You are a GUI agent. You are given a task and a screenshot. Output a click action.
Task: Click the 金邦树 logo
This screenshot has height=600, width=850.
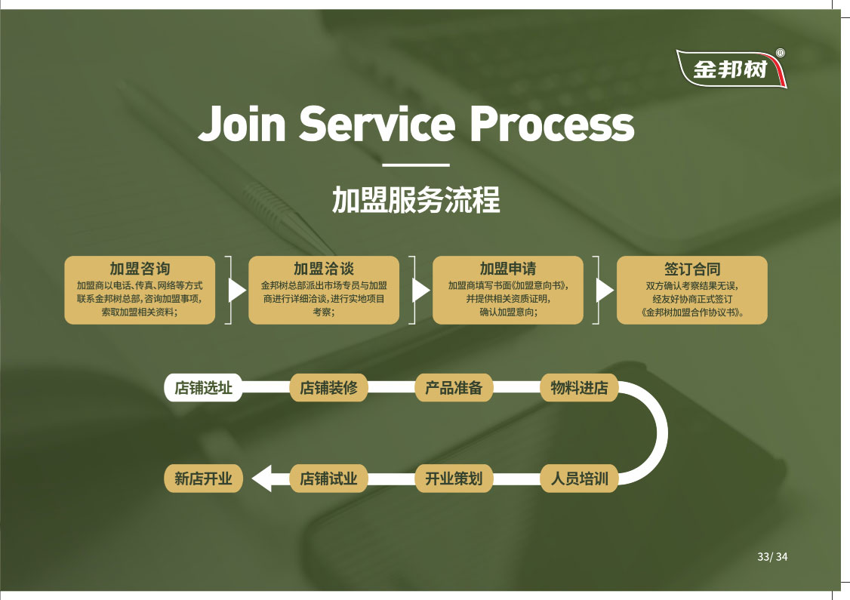731,69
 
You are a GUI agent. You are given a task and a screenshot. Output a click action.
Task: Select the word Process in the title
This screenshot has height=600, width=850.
552,125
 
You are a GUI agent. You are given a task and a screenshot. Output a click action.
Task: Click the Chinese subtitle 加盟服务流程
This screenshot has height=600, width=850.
416,201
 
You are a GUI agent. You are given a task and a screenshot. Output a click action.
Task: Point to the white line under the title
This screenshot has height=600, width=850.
416,165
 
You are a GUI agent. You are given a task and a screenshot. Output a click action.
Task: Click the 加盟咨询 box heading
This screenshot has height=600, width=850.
140,269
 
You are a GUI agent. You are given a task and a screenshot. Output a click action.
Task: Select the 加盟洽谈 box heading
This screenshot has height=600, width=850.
324,269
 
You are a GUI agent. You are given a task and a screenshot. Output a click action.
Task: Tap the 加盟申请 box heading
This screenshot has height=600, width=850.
508,269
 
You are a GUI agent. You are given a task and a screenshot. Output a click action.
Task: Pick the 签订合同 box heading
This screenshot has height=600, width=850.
692,269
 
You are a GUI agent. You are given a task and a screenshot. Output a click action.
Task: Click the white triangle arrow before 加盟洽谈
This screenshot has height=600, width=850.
237,291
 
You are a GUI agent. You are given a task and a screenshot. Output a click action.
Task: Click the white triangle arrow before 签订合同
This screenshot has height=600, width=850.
605,291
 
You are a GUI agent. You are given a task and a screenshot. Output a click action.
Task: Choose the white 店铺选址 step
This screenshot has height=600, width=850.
203,389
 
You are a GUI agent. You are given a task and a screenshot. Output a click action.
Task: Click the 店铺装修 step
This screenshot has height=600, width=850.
328,389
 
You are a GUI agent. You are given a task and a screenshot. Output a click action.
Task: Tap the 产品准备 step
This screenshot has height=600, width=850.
454,389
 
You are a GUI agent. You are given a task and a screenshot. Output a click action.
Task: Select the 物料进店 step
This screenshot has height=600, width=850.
579,389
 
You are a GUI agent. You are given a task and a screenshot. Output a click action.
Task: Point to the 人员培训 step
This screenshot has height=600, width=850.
579,478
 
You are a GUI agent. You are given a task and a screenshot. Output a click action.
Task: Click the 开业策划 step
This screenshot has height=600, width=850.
454,478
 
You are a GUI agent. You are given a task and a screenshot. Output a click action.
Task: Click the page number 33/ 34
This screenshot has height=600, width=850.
772,557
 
